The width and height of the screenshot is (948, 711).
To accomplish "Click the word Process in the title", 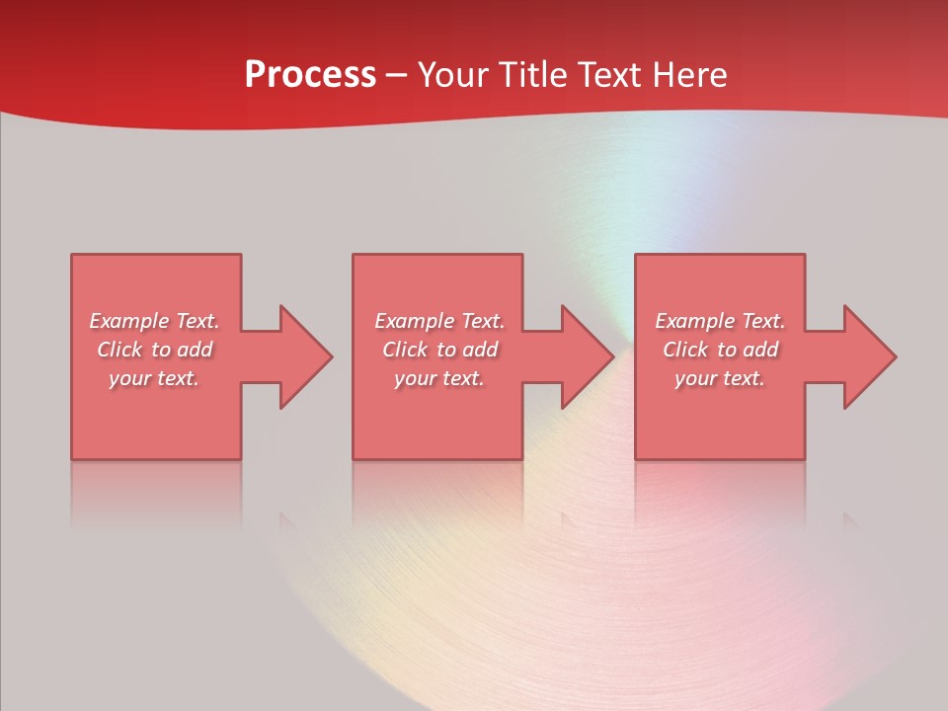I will (x=310, y=75).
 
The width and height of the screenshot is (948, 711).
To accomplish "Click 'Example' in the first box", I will (x=128, y=321).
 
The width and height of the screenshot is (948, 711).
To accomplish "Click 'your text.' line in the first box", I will (x=154, y=378).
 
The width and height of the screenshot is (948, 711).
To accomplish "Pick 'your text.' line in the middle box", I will (x=439, y=378).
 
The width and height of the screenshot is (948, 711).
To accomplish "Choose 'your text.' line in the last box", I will (x=720, y=378).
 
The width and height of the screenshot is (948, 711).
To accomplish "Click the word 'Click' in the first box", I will (x=119, y=350).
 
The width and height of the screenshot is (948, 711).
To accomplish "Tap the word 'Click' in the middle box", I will (x=405, y=350).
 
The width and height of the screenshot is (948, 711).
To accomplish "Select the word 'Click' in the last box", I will (x=685, y=350).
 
